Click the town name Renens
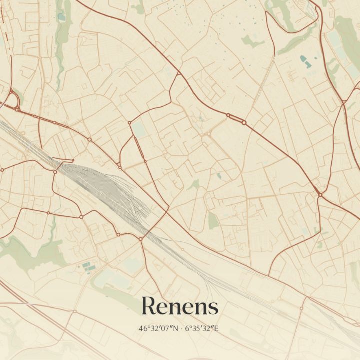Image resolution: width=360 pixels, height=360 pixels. click(x=180, y=306)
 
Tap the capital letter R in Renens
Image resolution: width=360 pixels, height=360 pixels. click(x=148, y=306)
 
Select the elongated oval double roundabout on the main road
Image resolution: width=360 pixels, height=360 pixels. click(x=236, y=119)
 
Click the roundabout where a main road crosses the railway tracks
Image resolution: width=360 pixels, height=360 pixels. click(x=141, y=239)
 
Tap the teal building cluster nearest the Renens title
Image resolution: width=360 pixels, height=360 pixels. click(x=87, y=266)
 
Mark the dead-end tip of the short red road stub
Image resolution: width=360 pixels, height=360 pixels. click(x=73, y=161)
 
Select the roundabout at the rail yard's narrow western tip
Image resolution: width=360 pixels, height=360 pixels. click(x=55, y=172)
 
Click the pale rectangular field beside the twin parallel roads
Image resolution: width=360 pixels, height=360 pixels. click(x=138, y=129)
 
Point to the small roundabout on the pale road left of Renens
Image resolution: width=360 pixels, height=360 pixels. click(x=74, y=311)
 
